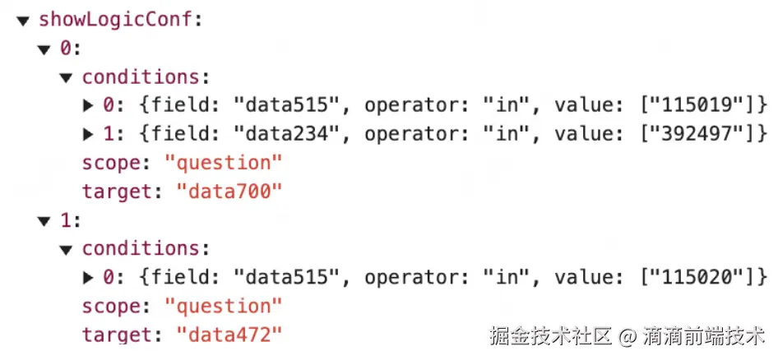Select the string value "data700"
tap(229, 192)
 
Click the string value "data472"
tap(229, 335)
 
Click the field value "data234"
tap(285, 134)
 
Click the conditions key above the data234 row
tap(141, 77)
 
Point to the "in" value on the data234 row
tap(501, 134)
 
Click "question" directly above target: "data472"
tap(223, 306)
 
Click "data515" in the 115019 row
tap(285, 105)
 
